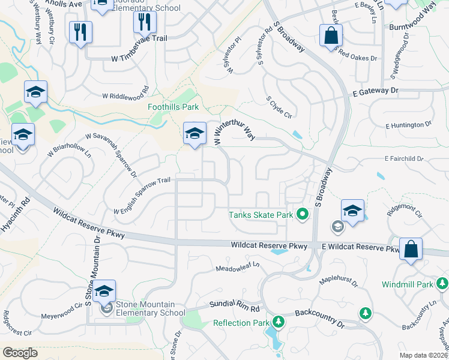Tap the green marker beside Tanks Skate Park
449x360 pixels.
303,214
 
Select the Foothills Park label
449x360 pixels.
173,107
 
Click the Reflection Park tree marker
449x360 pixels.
278,322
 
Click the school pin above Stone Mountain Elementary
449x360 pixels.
104,292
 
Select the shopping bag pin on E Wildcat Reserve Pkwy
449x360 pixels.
411,250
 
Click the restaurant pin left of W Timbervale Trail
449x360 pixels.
80,32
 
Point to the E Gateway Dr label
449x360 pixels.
376,91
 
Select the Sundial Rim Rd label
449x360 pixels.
234,307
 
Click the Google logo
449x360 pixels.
20,353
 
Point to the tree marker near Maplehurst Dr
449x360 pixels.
365,313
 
